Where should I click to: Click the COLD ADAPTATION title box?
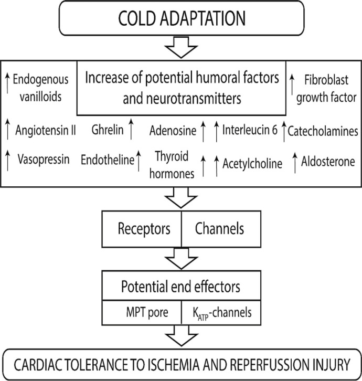182,18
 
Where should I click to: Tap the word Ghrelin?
108,130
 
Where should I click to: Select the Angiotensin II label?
46,130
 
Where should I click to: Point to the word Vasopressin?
44,160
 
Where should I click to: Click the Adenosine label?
173,131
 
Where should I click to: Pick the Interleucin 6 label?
250,130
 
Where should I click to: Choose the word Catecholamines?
323,131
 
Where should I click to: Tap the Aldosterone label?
328,162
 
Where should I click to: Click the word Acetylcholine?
252,163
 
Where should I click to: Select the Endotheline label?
108,160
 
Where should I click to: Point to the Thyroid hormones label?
172,165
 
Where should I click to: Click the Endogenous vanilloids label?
40,88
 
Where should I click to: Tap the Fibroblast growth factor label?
326,89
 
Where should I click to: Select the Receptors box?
142,229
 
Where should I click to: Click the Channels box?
221,229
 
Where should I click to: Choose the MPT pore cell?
142,312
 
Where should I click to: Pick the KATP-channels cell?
221,312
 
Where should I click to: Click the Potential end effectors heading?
181,287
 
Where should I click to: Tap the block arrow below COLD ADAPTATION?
181,48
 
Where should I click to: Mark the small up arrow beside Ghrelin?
131,129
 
